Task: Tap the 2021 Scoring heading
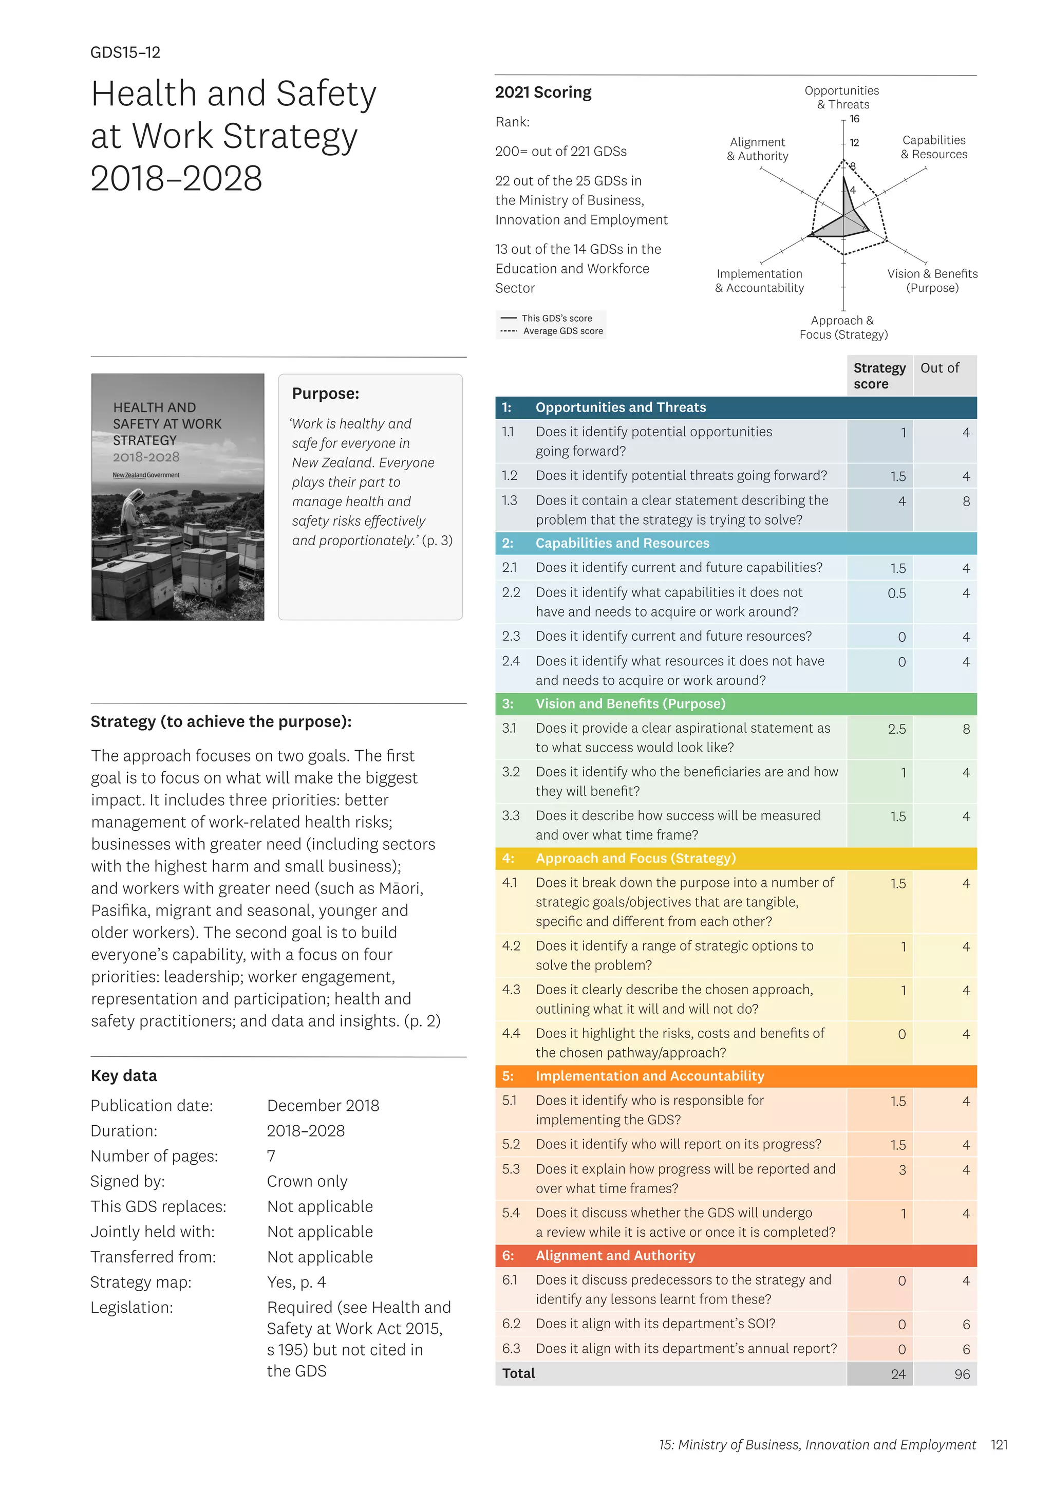[x=543, y=92]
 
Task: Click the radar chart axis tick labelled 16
[x=854, y=119]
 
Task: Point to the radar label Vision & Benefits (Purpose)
[x=932, y=281]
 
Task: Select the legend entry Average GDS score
[x=562, y=331]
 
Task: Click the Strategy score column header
[x=879, y=375]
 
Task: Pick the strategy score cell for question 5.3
[x=901, y=1170]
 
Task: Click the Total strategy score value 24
[x=898, y=1374]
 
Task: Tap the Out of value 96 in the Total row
[x=962, y=1374]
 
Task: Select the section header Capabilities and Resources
[x=622, y=543]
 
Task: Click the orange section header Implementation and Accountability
[x=649, y=1076]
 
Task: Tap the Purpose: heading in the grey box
[x=325, y=394]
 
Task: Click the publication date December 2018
[x=323, y=1106]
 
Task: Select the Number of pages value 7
[x=271, y=1156]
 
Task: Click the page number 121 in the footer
[x=999, y=1444]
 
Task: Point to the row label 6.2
[x=511, y=1324]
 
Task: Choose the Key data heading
[x=124, y=1076]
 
